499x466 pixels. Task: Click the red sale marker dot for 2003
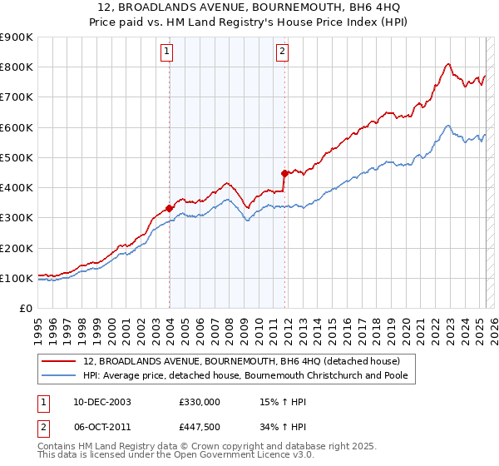169,208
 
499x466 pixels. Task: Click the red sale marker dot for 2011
284,173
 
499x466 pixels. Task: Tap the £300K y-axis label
17,218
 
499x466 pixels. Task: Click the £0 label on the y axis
25,309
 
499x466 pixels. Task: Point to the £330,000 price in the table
199,401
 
